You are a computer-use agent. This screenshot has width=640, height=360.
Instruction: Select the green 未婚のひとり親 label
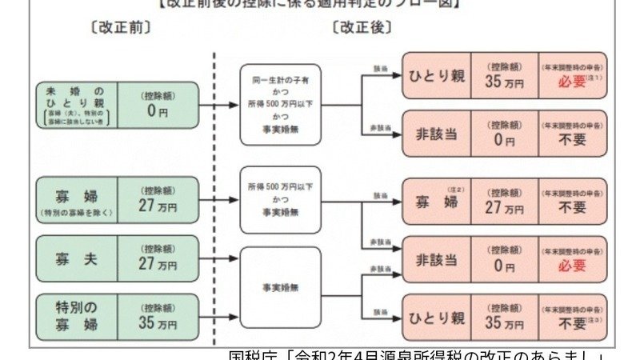(77, 105)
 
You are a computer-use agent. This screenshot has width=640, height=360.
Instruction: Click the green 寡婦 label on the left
(77, 200)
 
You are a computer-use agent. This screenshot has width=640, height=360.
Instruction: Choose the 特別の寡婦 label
(77, 317)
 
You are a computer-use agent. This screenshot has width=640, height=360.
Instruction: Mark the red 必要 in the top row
(573, 82)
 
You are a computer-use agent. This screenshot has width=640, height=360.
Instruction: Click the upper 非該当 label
(436, 133)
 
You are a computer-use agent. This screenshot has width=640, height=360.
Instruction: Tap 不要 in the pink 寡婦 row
(573, 207)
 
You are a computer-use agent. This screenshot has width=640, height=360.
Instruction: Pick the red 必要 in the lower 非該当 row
(573, 266)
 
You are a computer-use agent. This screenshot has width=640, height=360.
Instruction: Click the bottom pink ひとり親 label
(436, 318)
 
